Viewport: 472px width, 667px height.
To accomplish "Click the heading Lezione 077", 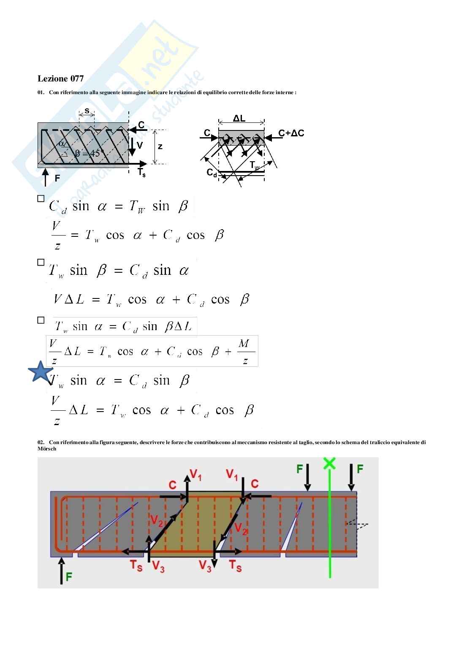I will click(61, 79).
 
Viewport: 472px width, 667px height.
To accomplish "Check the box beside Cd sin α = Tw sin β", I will click(41, 198).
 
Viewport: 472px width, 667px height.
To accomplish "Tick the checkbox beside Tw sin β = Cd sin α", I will click(41, 262).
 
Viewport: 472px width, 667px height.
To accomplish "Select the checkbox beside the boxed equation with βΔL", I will click(41, 320).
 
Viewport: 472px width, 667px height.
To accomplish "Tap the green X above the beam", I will click(329, 463).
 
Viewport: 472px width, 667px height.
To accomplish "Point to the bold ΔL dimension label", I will click(239, 118).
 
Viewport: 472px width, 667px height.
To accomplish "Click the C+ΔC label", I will click(291, 133).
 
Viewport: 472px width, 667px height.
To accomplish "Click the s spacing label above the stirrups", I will click(87, 111).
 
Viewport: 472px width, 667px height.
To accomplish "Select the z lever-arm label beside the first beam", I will click(160, 146).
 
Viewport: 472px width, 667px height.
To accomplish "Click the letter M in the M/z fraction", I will click(244, 344).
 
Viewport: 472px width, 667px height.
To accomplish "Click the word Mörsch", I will click(47, 449).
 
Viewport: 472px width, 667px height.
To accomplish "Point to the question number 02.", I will click(41, 442).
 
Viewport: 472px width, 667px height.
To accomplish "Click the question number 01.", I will click(41, 92).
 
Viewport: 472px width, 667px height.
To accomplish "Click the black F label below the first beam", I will click(57, 179).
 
